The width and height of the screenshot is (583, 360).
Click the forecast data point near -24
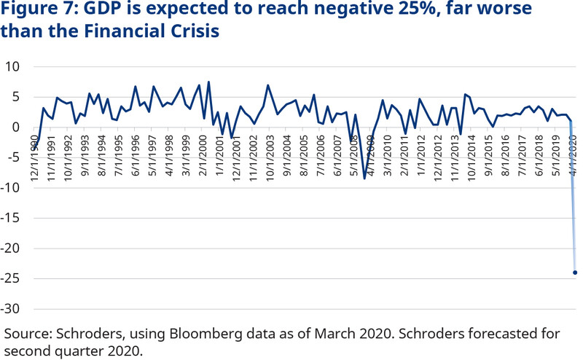575,273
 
